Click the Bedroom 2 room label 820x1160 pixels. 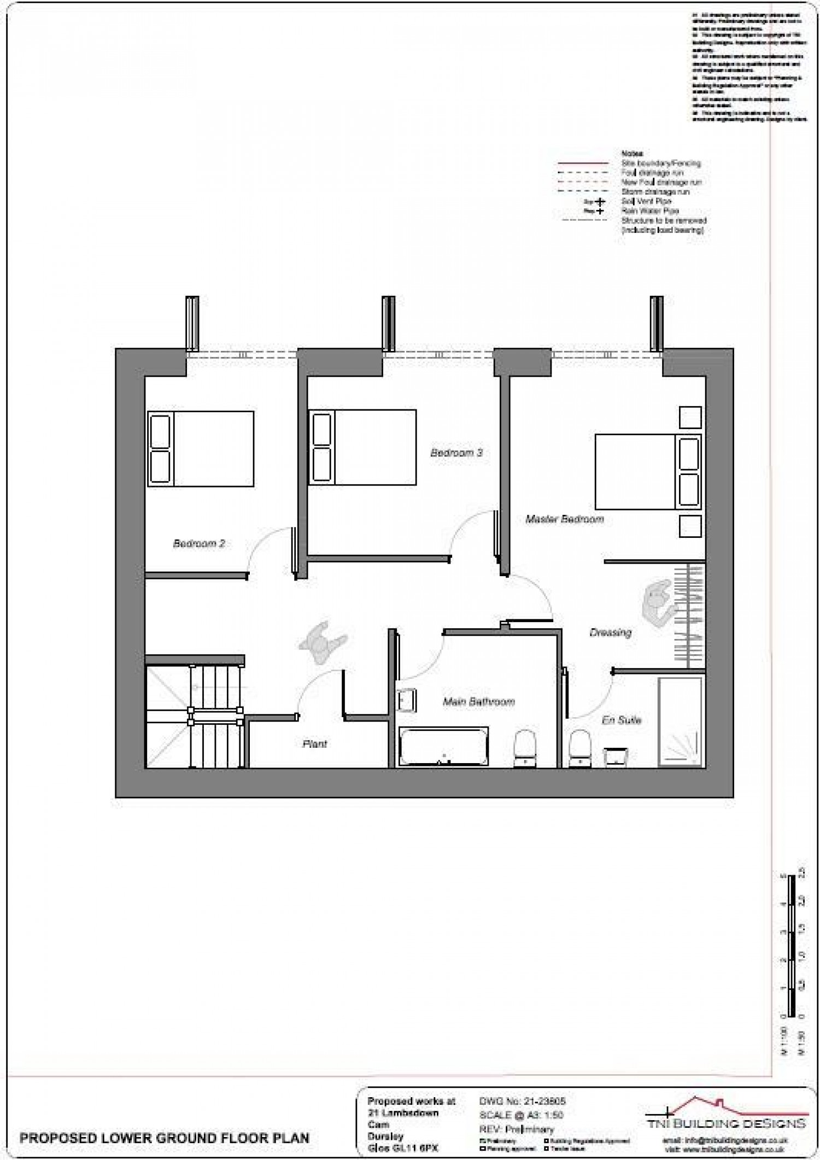click(199, 543)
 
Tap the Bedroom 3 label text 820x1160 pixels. click(456, 453)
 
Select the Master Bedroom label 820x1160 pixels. click(565, 519)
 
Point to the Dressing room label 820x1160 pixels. click(611, 632)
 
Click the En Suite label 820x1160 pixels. click(622, 720)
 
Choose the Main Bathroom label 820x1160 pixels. click(479, 701)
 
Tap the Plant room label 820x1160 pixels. click(315, 743)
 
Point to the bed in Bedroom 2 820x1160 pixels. click(201, 449)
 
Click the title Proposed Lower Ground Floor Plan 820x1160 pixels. click(165, 1138)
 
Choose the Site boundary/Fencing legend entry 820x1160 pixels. click(661, 163)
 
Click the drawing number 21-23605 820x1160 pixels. click(522, 1102)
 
